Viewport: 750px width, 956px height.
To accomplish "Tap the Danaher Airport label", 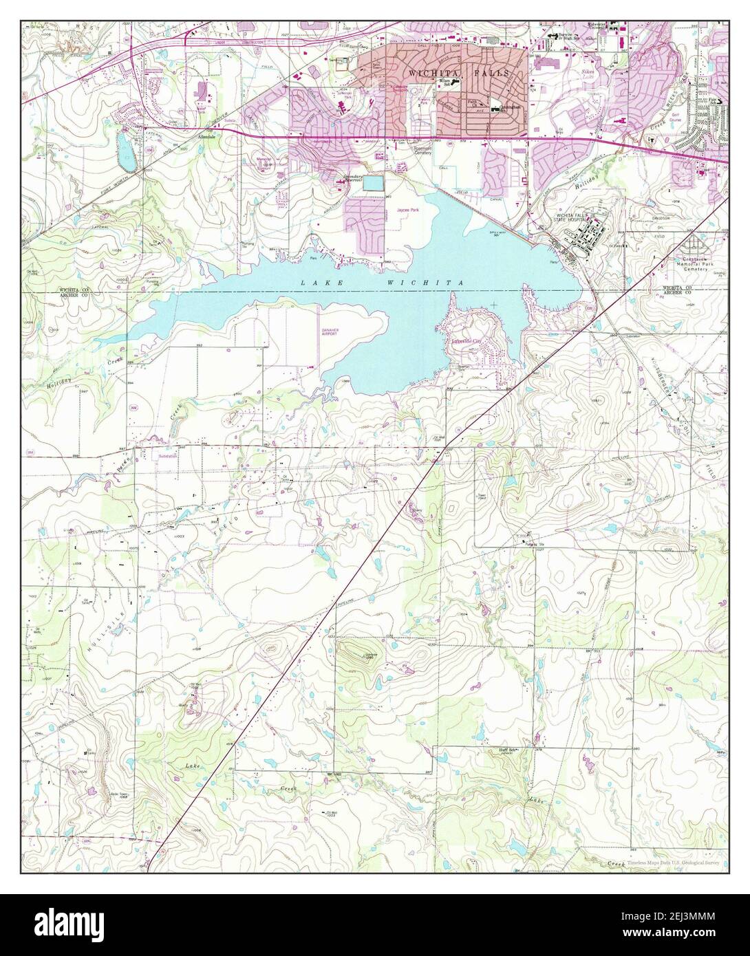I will point(332,332).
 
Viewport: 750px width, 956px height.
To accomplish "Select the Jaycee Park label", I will point(407,215).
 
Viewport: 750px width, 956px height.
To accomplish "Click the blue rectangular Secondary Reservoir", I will point(373,183).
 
